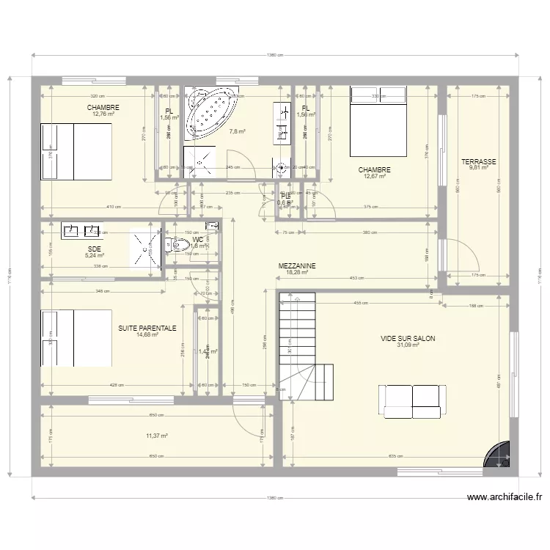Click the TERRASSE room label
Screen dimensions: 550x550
pyautogui.click(x=478, y=162)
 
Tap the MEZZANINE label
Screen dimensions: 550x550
pyautogui.click(x=296, y=266)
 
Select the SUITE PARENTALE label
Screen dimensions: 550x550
pyautogui.click(x=147, y=329)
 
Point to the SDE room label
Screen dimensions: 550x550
pyautogui.click(x=94, y=249)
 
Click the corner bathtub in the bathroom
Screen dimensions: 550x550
pyautogui.click(x=212, y=114)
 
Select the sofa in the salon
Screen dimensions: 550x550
pyautogui.click(x=412, y=400)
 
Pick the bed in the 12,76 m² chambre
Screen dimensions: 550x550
pyautogui.click(x=76, y=151)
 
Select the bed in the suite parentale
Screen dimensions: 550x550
pyautogui.click(x=76, y=337)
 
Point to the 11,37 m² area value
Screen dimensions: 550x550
pyautogui.click(x=157, y=436)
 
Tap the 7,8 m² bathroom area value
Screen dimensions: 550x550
pyautogui.click(x=237, y=133)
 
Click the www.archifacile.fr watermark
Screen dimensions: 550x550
pyautogui.click(x=505, y=496)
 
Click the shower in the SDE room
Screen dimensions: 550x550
pyautogui.click(x=145, y=249)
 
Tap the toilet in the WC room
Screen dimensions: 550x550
pyautogui.click(x=171, y=246)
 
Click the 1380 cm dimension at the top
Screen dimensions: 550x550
pyautogui.click(x=274, y=55)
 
